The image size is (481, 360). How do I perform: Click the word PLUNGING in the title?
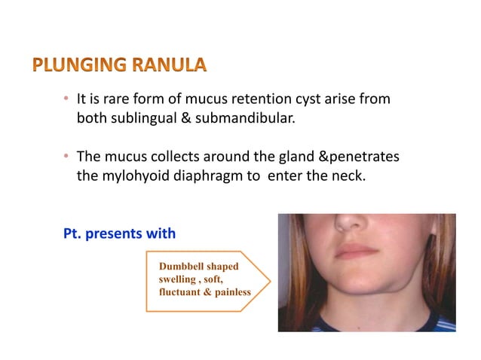[x=69, y=66]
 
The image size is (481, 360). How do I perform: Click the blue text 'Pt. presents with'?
[x=120, y=233]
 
